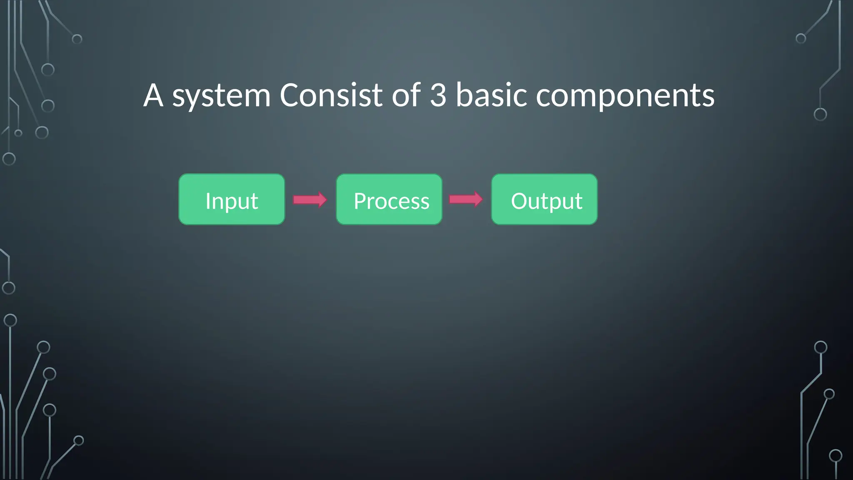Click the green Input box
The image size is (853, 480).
232,200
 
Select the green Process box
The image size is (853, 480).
389,200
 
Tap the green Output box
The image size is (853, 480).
544,200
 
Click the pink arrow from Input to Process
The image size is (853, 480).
310,200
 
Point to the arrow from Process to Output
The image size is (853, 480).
466,199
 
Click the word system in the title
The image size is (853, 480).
221,96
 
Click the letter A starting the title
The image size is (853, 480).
153,95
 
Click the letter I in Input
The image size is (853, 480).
208,201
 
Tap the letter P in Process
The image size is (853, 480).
359,201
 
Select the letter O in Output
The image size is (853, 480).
519,201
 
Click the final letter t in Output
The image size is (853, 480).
579,202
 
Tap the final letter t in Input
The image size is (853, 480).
254,202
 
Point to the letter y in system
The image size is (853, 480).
195,99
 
